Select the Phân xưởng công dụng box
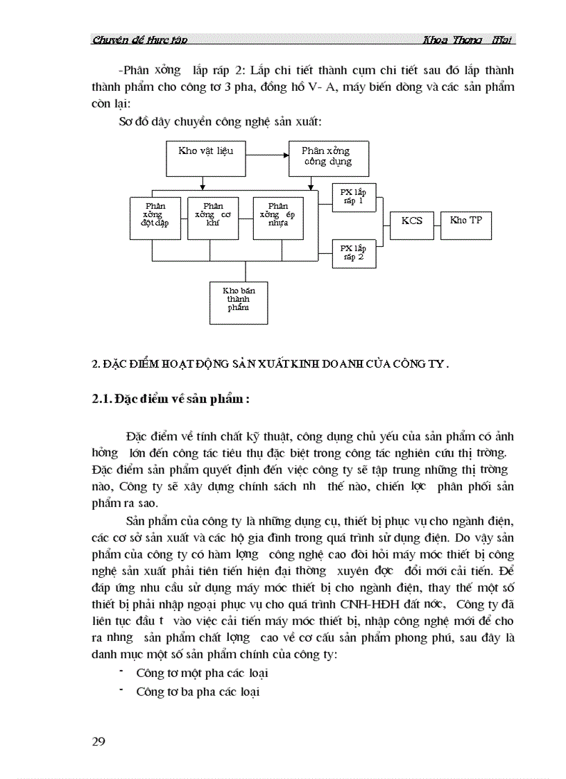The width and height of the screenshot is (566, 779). pyautogui.click(x=328, y=158)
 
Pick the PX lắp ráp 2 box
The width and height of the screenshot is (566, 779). pyautogui.click(x=354, y=253)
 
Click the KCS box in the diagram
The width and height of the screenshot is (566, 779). pyautogui.click(x=412, y=222)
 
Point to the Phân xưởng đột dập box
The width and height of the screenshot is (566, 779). pyautogui.click(x=155, y=218)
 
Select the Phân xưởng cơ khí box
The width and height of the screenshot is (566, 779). pyautogui.click(x=213, y=218)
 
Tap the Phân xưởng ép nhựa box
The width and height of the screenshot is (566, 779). pyautogui.click(x=278, y=218)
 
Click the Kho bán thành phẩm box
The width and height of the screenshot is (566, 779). pyautogui.click(x=239, y=302)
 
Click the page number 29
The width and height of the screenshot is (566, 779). pyautogui.click(x=98, y=742)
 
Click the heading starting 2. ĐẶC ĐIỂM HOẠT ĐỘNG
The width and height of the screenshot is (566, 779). pyautogui.click(x=271, y=363)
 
